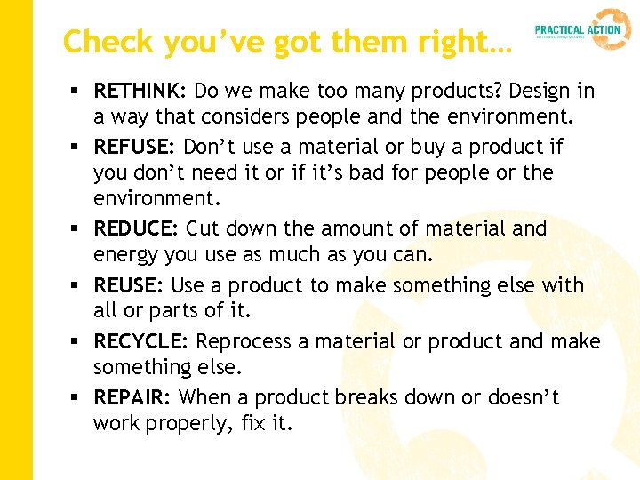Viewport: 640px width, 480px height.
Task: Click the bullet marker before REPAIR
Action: coord(77,398)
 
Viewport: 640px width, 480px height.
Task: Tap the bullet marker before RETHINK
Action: coord(77,92)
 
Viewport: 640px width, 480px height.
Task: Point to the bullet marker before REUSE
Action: coord(77,286)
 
